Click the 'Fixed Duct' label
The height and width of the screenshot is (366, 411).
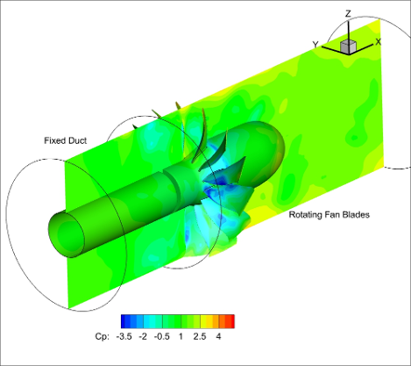[x=65, y=140]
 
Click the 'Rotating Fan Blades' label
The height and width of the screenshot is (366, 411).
[x=329, y=215]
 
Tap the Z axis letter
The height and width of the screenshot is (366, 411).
[x=348, y=14]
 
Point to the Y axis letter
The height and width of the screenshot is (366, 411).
[x=315, y=45]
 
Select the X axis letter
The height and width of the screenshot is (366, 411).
[x=378, y=42]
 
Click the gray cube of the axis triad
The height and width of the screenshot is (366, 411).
[x=349, y=46]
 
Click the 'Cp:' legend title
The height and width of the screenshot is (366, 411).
[x=102, y=336]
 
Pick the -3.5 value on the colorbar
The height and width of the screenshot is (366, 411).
[x=124, y=336]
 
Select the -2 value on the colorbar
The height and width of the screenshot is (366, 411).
[x=143, y=336]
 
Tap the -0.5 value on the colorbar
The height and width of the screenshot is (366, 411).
[x=162, y=336]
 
